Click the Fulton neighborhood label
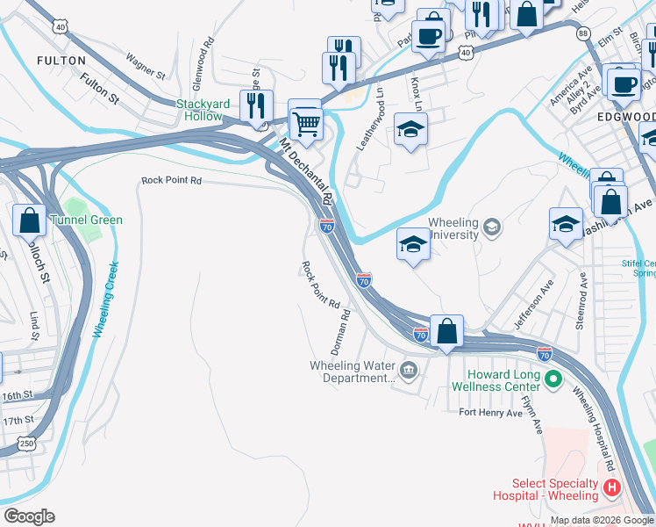tap(61, 61)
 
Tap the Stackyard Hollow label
tap(203, 110)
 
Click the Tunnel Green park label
tap(85, 220)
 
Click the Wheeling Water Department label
tap(353, 372)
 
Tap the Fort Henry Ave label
tap(491, 412)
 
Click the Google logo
tap(29, 516)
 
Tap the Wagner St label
tap(146, 69)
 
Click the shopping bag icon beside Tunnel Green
tap(29, 219)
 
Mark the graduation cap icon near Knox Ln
tap(410, 131)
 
